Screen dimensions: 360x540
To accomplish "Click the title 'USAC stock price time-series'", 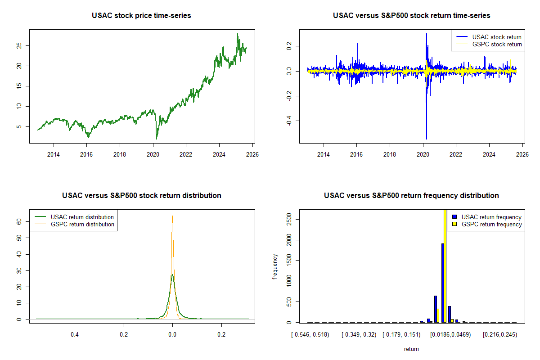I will click(x=141, y=16).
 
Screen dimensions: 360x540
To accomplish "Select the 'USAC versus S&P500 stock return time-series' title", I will click(x=411, y=16).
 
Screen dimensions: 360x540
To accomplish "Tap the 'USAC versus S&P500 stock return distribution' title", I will click(x=141, y=196).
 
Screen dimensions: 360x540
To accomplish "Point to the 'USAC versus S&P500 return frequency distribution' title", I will click(x=411, y=196).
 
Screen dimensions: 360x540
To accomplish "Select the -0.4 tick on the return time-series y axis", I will click(x=289, y=121).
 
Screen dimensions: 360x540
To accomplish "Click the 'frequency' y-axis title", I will click(x=275, y=267).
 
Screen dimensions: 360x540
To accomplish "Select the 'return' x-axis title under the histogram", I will click(x=411, y=349).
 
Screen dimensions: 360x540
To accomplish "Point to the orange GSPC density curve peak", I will click(x=172, y=216).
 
